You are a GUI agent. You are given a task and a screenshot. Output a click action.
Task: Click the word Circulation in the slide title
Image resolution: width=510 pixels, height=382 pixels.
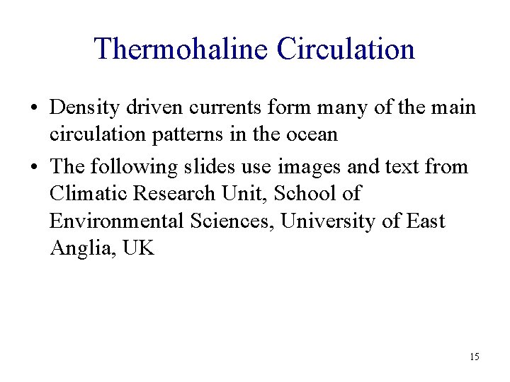pos(346,49)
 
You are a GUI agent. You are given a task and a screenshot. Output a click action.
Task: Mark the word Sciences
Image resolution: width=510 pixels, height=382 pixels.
pos(233,221)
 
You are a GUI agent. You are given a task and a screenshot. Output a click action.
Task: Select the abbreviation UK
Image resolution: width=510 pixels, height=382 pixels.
pos(137,248)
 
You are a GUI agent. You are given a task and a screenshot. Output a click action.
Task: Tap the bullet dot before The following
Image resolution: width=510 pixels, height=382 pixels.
pos(35,168)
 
